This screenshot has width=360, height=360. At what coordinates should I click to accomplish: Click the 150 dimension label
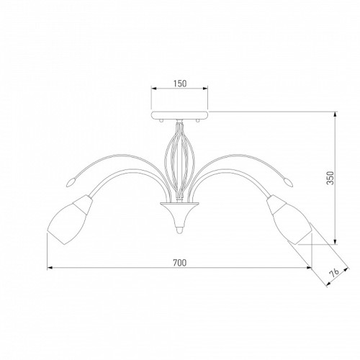180,84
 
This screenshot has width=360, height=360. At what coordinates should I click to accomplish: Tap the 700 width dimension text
179,263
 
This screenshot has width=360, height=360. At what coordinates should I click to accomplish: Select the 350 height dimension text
330,178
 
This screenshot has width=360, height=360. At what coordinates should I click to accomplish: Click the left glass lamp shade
70,220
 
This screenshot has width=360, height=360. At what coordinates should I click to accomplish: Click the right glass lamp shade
290,220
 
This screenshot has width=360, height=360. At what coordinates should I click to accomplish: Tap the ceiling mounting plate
179,115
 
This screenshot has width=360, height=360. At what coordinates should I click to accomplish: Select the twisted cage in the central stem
179,160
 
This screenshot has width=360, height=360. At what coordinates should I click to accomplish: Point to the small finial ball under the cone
179,230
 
